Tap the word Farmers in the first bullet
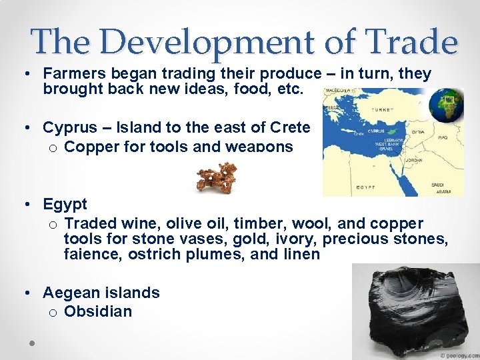(x=70, y=74)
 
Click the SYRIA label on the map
(x=418, y=131)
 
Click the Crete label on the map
(x=359, y=133)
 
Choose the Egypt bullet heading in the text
(x=65, y=203)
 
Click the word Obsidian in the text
(x=98, y=311)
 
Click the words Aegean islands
(x=101, y=293)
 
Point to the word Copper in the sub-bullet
(x=91, y=146)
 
